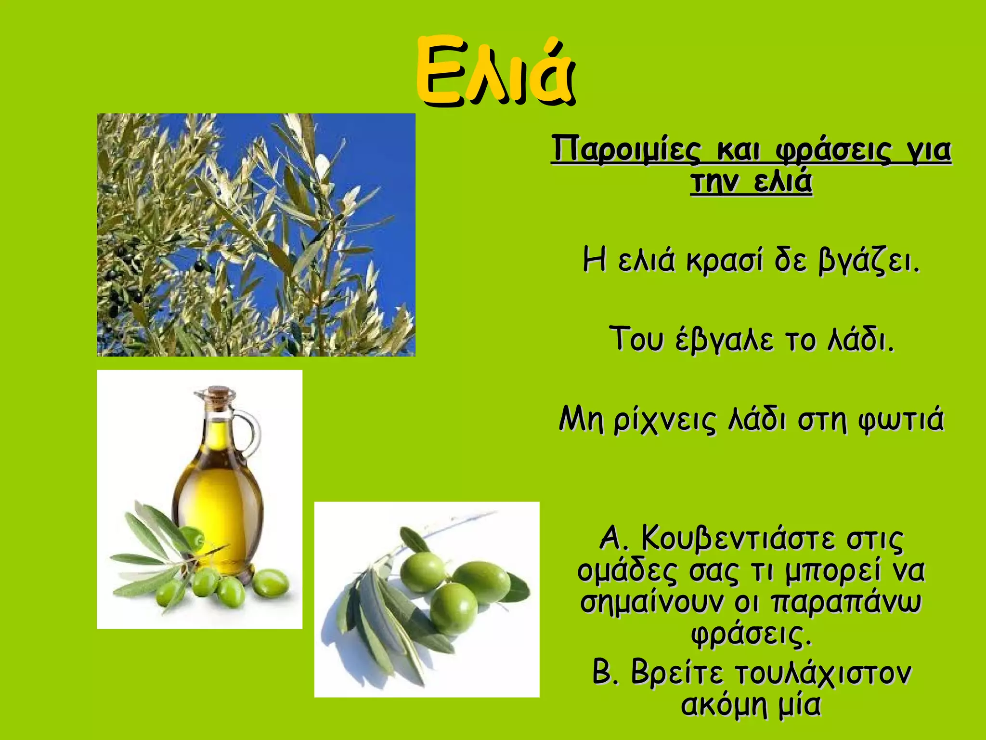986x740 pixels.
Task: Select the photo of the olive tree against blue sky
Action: [256, 235]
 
